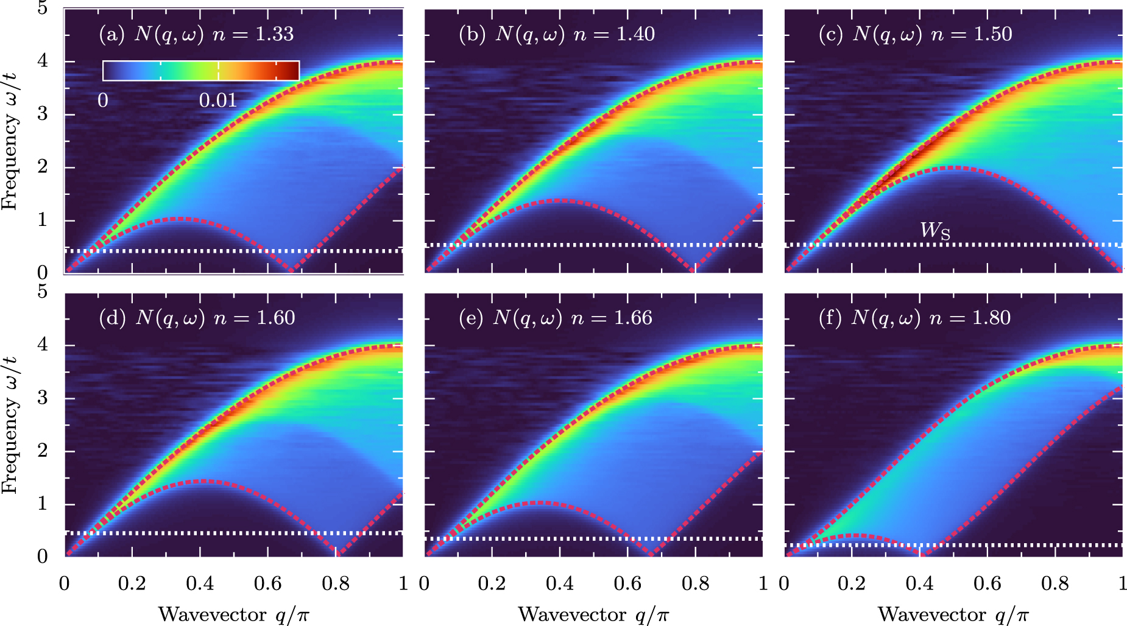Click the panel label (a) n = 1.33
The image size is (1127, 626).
click(x=196, y=34)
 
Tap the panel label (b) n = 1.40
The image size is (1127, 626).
click(x=557, y=34)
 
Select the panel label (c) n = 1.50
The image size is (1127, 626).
click(x=916, y=34)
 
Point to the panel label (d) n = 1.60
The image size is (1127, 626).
click(x=197, y=318)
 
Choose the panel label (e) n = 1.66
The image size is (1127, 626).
click(x=556, y=318)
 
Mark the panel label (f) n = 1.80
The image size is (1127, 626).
click(x=915, y=318)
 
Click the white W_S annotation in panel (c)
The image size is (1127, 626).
click(x=935, y=230)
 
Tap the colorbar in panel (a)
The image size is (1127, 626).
click(x=201, y=71)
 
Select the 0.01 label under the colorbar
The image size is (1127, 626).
click(x=218, y=100)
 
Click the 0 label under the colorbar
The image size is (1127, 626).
click(x=103, y=100)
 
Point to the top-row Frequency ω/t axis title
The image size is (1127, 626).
click(x=10, y=141)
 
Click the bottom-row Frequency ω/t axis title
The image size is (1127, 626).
click(x=10, y=425)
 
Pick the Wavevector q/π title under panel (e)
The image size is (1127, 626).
click(x=593, y=614)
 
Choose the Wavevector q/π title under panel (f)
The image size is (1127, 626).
click(x=953, y=614)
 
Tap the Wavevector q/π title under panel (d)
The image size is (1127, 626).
click(x=233, y=614)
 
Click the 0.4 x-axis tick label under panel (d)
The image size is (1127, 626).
click(x=200, y=584)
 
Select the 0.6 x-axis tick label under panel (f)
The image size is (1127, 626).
click(x=987, y=584)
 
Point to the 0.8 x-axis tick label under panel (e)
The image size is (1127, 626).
click(x=695, y=584)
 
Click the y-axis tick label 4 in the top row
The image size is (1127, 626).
click(x=43, y=61)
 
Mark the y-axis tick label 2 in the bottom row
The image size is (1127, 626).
click(x=43, y=451)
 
